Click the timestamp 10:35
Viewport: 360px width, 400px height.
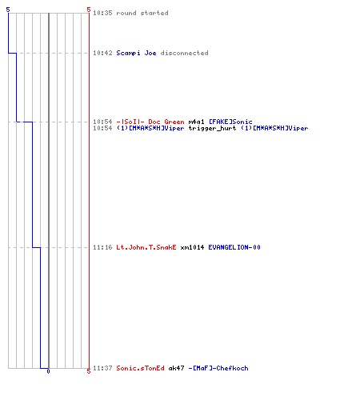pos(102,13)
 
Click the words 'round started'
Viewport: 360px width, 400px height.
pos(142,13)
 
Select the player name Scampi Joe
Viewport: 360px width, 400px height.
pos(136,53)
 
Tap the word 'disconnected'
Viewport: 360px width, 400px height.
pos(184,53)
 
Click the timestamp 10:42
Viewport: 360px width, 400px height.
pos(102,53)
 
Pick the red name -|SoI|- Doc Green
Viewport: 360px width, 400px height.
pos(150,122)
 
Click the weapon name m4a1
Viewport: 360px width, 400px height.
pos(197,122)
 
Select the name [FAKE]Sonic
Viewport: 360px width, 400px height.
pos(230,122)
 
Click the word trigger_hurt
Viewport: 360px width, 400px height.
pos(212,128)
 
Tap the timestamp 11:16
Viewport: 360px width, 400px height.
pos(102,247)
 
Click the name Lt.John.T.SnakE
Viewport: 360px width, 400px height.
pos(146,247)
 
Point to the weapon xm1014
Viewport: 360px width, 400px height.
pos(192,247)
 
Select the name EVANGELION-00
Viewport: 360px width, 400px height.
pos(234,247)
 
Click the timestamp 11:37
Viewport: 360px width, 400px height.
pos(102,368)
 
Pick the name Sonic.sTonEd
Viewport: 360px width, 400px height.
pos(140,368)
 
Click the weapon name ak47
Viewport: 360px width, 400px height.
pos(176,368)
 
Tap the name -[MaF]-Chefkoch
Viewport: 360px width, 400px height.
pos(218,368)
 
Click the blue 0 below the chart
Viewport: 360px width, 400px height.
pos(48,371)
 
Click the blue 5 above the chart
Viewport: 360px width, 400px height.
pos(8,10)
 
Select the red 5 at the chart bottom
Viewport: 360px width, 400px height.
pos(89,371)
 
